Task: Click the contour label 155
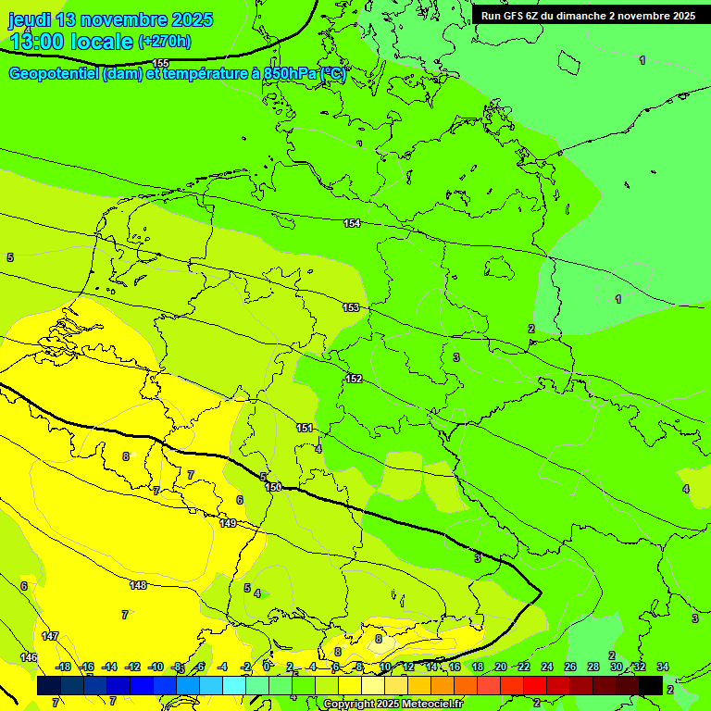[x=161, y=63]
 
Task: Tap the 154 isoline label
[x=352, y=223]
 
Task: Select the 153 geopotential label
[x=351, y=307]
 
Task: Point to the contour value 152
[x=354, y=379]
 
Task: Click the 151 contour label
[x=305, y=428]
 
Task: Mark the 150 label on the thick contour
[x=273, y=487]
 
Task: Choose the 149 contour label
[x=228, y=523]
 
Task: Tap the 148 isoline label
[x=138, y=585]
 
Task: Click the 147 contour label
[x=50, y=636]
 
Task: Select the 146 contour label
[x=30, y=657]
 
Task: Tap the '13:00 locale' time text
[x=71, y=41]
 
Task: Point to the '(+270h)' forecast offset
[x=165, y=42]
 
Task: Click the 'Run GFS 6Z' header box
[x=588, y=16]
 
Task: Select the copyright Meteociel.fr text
[x=393, y=705]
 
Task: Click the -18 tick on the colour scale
[x=63, y=667]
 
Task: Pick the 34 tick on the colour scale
[x=662, y=667]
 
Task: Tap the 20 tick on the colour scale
[x=501, y=667]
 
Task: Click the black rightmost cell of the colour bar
[x=651, y=685]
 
